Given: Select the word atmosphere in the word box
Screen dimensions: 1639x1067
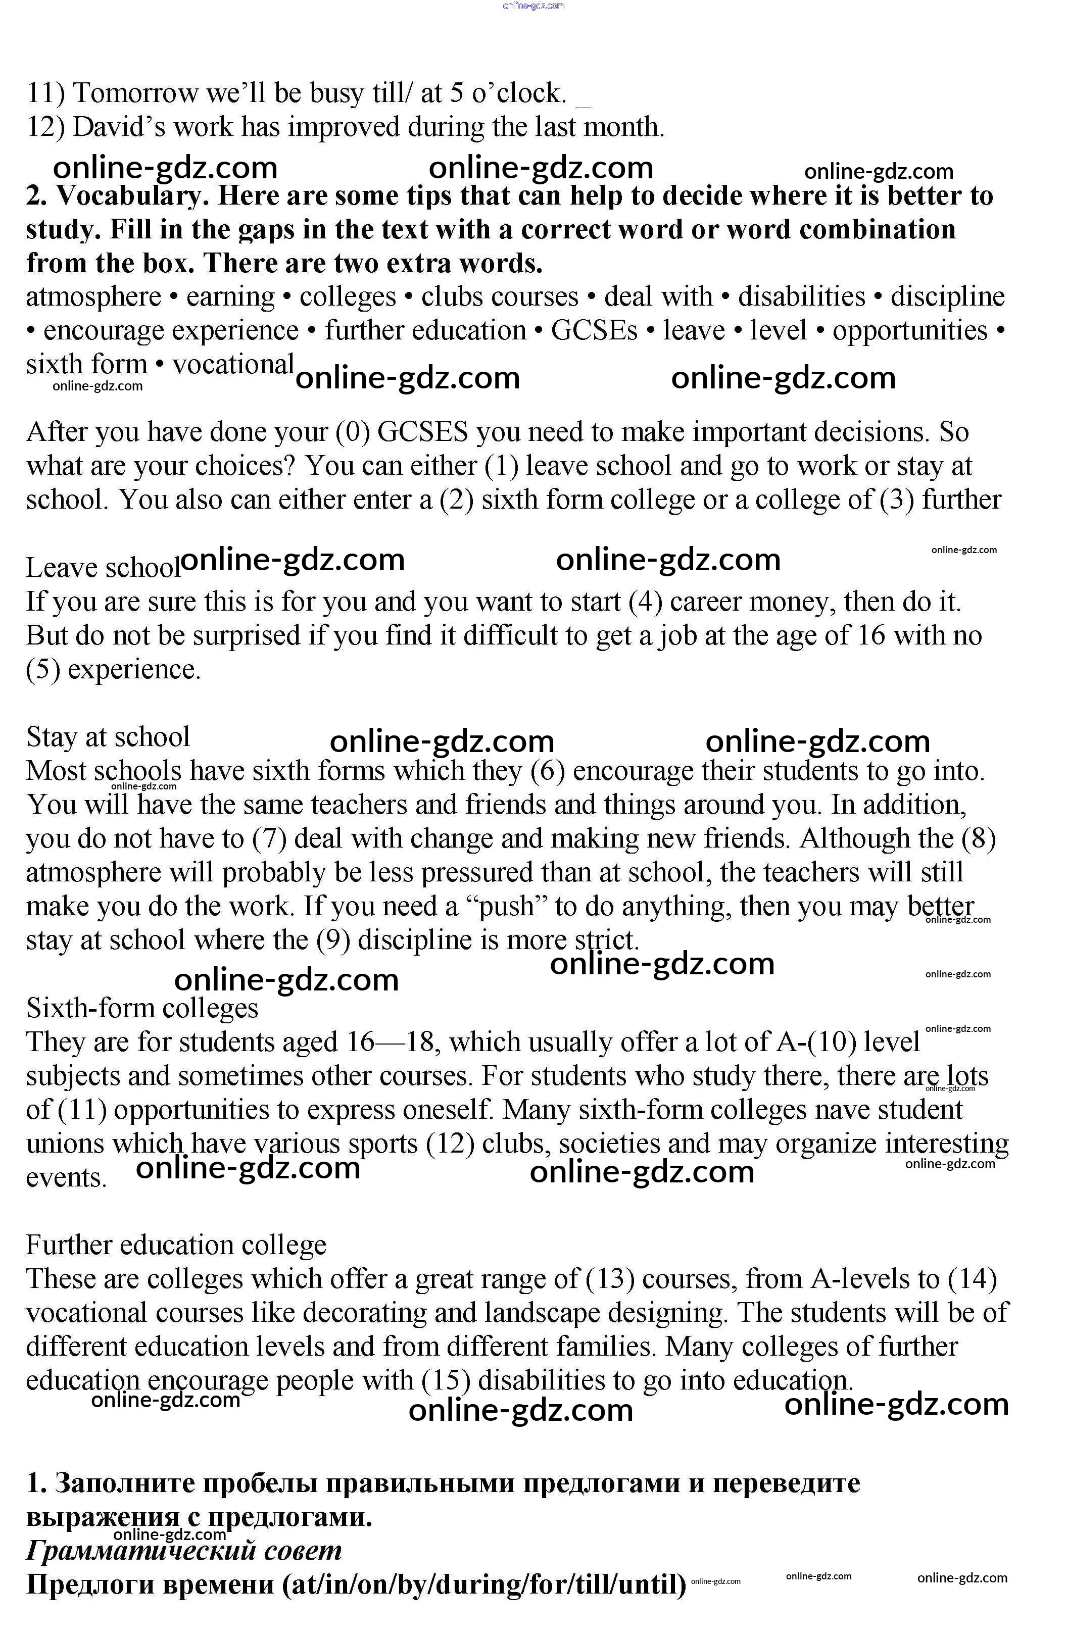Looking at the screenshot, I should point(93,297).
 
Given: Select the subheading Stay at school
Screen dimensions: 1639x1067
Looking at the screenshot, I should point(108,737).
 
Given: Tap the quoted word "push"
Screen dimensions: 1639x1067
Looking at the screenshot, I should point(506,906).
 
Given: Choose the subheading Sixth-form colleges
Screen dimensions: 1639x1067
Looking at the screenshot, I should point(142,1008).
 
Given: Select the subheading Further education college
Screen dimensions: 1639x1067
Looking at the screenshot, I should point(176,1245).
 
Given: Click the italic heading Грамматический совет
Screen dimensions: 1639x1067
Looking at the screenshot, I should point(183,1550).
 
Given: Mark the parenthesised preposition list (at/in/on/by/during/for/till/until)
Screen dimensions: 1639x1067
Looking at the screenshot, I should point(484,1584).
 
